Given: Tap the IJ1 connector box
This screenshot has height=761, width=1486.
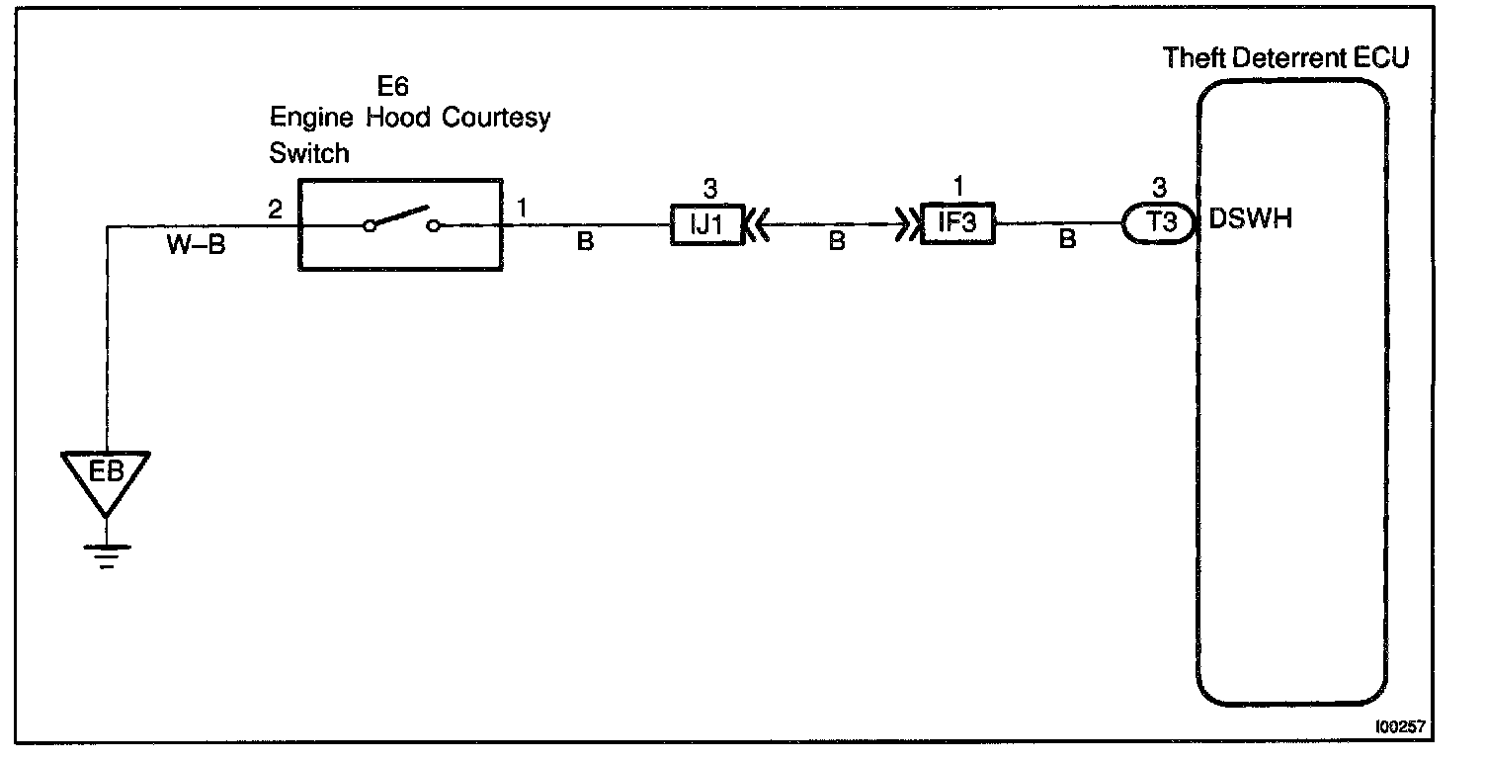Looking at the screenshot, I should click(707, 223).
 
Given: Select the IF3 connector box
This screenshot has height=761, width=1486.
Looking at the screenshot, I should click(956, 223).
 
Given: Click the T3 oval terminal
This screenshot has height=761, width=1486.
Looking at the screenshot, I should click(1163, 223).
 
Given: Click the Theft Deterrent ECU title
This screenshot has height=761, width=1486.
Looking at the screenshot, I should click(1285, 57).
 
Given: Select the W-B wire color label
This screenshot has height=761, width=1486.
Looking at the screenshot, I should click(196, 245).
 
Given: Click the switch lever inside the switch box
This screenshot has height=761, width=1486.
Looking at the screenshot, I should click(400, 217).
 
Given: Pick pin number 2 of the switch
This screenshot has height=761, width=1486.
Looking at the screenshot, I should click(274, 210).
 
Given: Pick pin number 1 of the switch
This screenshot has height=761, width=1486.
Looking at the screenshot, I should click(522, 210).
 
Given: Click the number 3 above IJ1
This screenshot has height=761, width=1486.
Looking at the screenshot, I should click(708, 189).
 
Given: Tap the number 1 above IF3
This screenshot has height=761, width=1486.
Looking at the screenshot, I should click(957, 187).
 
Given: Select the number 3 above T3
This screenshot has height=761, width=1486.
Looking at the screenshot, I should click(1161, 187).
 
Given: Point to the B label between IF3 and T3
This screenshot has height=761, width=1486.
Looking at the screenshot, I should click(1067, 240).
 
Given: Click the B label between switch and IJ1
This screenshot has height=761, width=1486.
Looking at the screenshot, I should click(585, 242).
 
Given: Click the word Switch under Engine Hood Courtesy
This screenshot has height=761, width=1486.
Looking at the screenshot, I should click(309, 154).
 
